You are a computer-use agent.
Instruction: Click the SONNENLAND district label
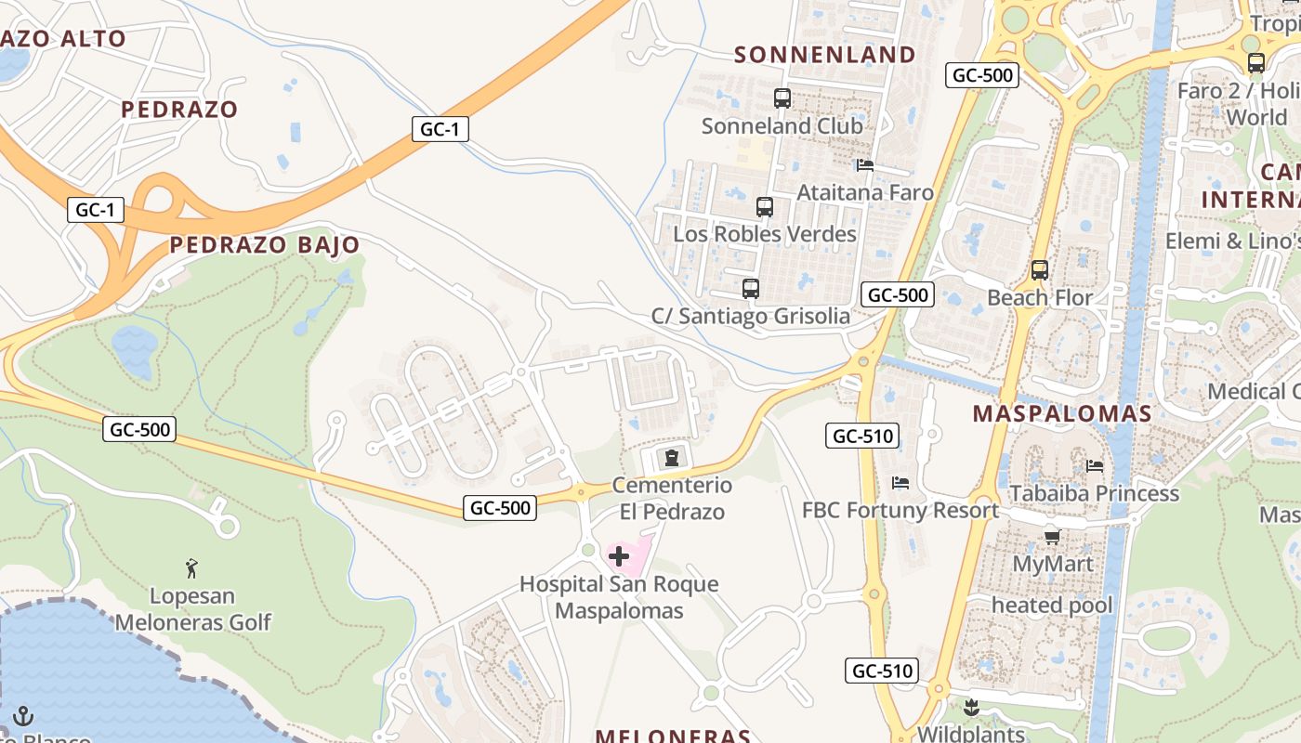825,55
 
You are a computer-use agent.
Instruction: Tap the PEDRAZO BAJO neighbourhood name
265,245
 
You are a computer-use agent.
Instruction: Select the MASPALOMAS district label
1062,414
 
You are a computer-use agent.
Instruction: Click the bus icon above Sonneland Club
782,98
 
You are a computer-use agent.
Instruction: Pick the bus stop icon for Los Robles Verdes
765,207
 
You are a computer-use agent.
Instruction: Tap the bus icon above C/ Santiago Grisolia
751,289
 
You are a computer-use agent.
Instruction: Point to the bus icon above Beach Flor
1040,270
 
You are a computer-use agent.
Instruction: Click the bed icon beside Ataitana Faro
865,165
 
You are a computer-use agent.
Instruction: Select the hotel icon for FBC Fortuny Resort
900,483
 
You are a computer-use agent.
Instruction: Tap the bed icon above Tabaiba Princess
1095,465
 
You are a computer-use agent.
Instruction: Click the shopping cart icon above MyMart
1053,537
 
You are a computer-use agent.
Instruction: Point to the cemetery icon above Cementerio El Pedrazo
671,457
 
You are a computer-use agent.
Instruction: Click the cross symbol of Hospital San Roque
619,556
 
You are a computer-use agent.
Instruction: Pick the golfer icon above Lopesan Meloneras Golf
191,567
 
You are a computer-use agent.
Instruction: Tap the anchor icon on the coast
24,716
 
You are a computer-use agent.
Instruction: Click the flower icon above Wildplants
971,708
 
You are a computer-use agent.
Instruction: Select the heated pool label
1052,606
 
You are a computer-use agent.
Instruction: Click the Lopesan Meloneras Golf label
193,609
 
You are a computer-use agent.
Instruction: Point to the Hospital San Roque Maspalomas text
619,597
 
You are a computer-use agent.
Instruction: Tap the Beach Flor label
1040,298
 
